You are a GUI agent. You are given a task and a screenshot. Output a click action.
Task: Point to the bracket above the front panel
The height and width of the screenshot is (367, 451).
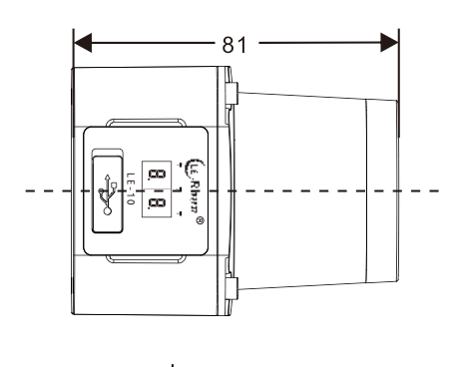click(147, 124)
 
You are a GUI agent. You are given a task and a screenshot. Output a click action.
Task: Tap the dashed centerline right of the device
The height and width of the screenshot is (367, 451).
click(424, 189)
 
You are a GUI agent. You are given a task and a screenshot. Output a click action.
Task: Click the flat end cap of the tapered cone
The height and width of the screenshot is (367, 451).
click(382, 189)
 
